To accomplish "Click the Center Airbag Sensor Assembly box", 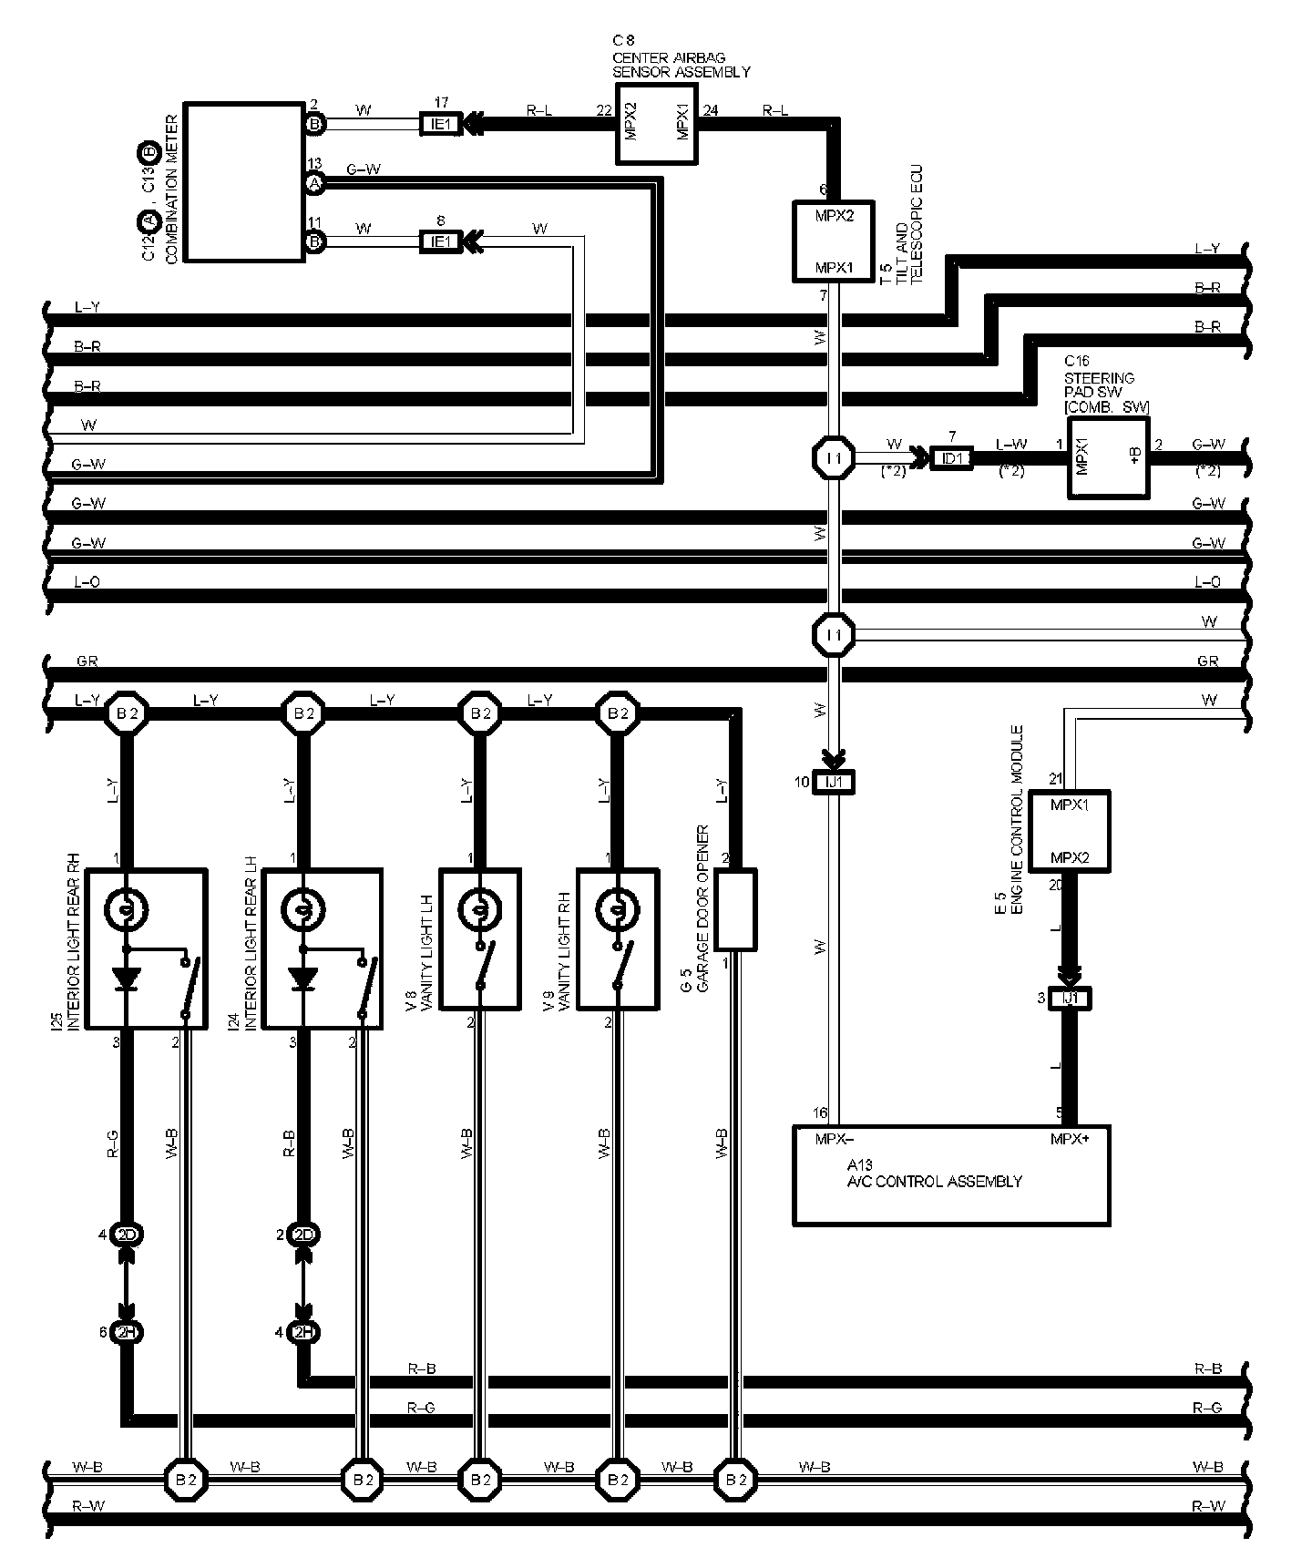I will [656, 124].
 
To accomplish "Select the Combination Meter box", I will [244, 181].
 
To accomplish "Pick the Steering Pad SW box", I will [1108, 457].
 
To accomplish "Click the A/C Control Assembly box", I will [951, 1175].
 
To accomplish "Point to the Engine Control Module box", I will [1069, 831].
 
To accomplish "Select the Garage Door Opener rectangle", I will [736, 909].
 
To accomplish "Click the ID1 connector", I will [952, 458].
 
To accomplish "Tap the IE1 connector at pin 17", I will [440, 123].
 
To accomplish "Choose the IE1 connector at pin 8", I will [440, 241].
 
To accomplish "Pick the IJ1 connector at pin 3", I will [1070, 999].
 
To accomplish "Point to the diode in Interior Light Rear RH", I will [127, 979].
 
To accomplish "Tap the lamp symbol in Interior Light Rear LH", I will [304, 907].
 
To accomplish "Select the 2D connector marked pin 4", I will [127, 1235].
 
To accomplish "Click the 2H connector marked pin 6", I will [127, 1332].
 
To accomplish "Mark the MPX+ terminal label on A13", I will [1069, 1138].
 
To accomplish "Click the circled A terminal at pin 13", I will [314, 183].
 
